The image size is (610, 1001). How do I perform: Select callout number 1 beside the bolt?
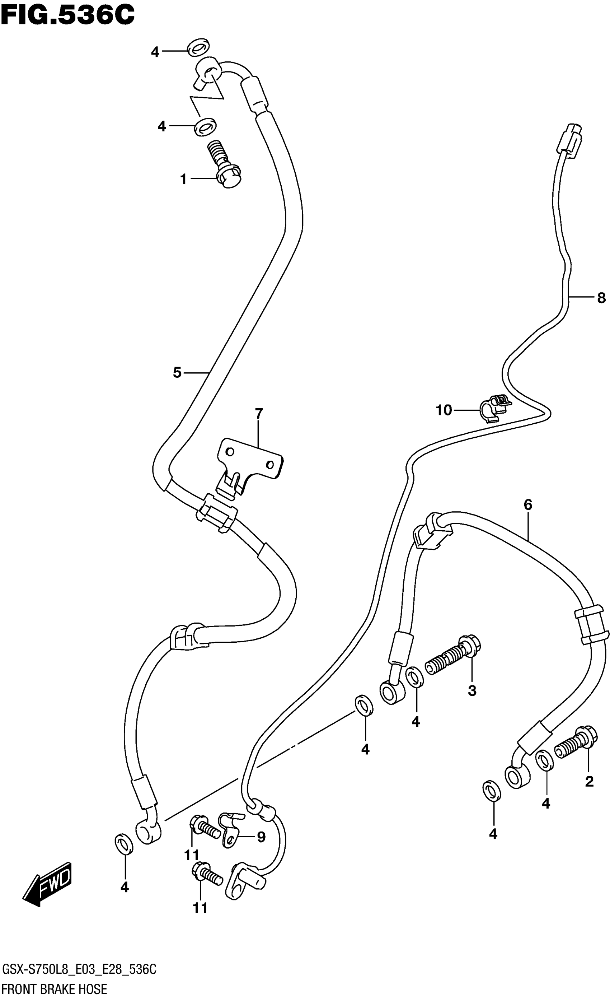pyautogui.click(x=183, y=179)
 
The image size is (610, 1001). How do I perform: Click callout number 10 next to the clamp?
pyautogui.click(x=444, y=410)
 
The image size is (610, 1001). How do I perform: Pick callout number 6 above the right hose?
pyautogui.click(x=527, y=505)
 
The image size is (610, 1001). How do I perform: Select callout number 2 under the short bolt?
pyautogui.click(x=589, y=781)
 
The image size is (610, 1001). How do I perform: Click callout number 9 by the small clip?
pyautogui.click(x=261, y=837)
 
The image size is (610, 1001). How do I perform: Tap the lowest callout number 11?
pyautogui.click(x=200, y=908)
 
